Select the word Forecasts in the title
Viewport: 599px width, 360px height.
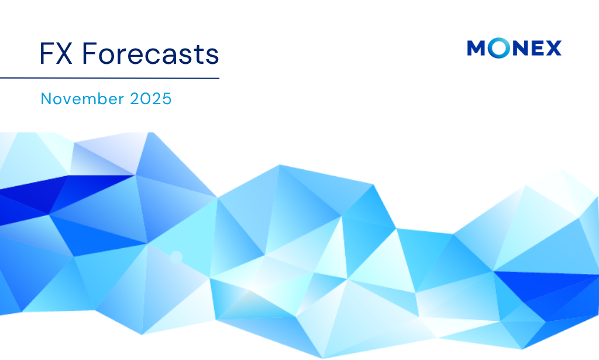[151, 54]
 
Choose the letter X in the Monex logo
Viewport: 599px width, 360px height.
[552, 49]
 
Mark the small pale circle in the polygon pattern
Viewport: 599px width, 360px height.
[175, 256]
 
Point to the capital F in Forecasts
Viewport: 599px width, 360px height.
[88, 54]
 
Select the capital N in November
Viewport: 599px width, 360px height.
[46, 99]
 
